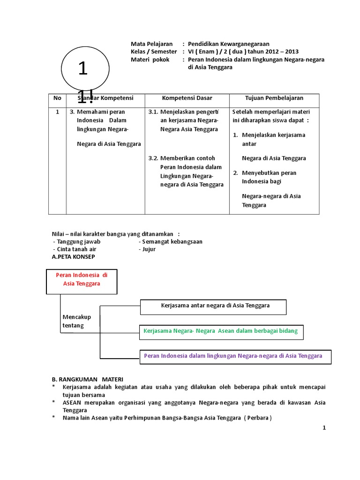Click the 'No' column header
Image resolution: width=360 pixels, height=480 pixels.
coord(57,98)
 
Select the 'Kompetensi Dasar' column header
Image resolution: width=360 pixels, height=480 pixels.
coord(187,98)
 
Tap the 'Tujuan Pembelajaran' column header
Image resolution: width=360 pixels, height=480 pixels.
coord(274,98)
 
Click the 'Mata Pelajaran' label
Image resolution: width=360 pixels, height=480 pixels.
coord(151,44)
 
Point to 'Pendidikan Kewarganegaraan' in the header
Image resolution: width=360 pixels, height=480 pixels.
coord(228,44)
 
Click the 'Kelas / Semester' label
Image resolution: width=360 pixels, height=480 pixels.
coord(154,52)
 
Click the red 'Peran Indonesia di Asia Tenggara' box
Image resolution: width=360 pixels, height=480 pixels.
coord(82,280)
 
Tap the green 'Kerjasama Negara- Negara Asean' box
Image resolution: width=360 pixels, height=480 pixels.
coord(220,331)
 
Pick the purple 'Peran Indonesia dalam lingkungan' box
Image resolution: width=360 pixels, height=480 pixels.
coord(233,356)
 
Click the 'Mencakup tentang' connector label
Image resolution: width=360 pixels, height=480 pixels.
coord(76,321)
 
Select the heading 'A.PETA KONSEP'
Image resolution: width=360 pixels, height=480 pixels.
coord(73,257)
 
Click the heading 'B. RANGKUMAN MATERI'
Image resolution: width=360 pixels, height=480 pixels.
coord(87,379)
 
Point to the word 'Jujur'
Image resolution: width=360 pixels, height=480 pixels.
coord(149,249)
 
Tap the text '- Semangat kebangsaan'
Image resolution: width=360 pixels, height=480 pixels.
coord(171,241)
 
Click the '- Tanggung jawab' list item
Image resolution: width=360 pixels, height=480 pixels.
coord(77,241)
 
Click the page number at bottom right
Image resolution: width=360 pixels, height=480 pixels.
coord(324,427)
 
